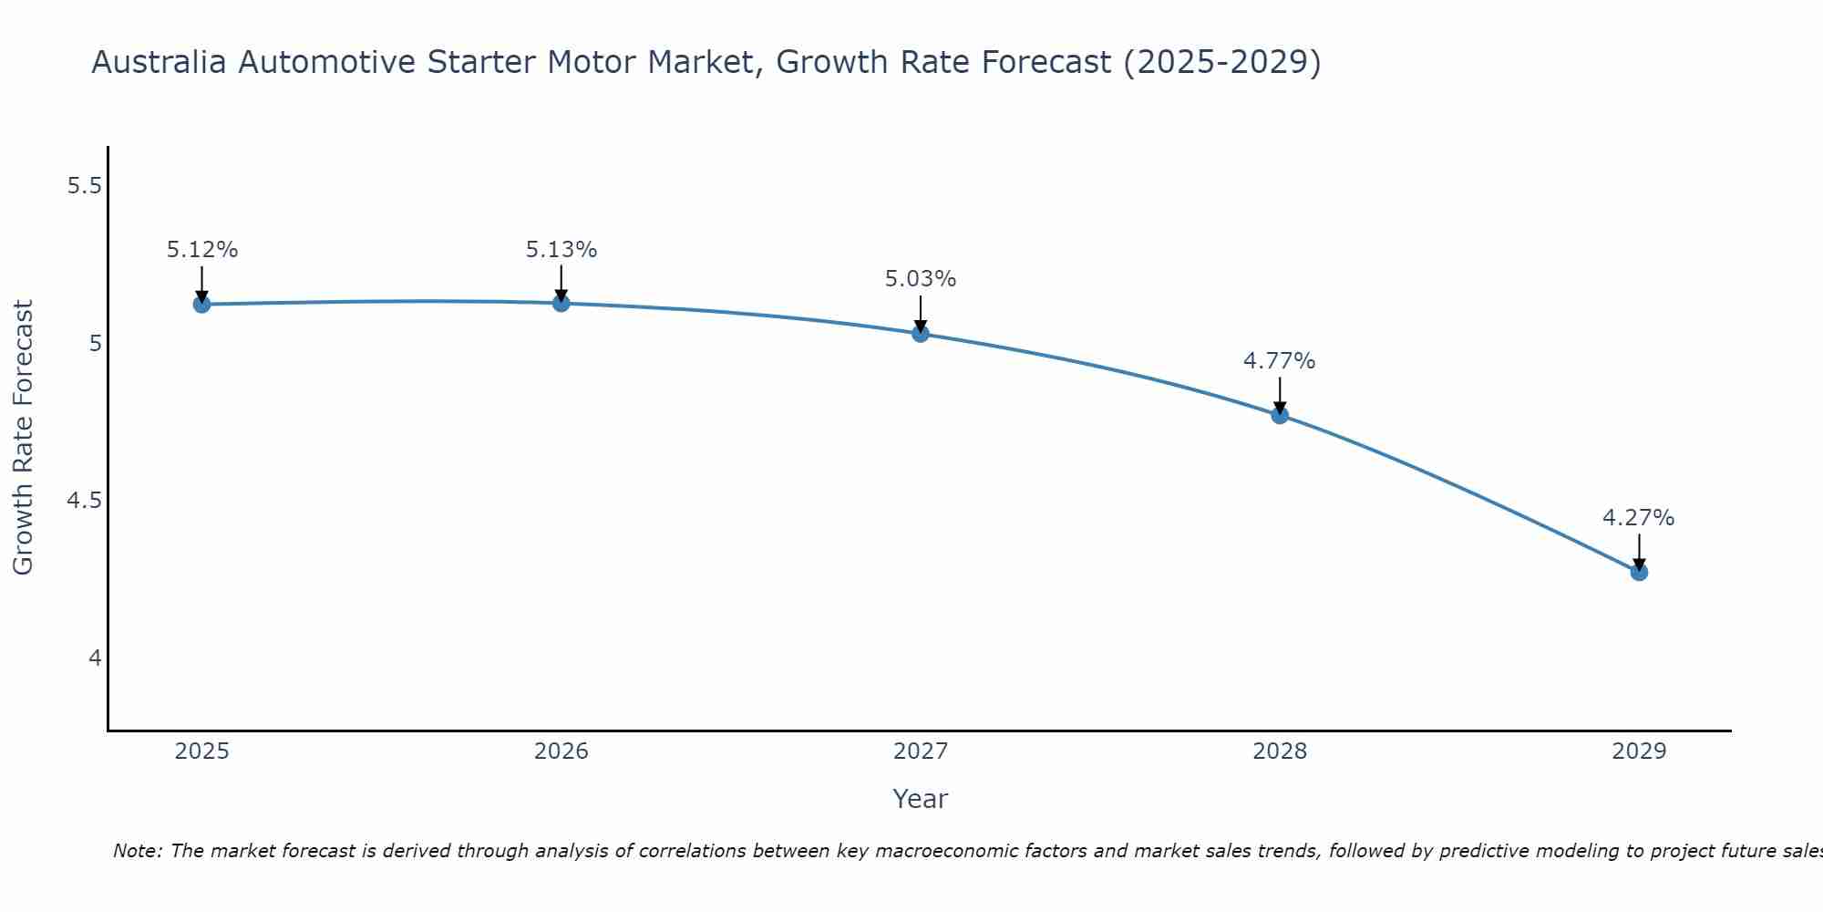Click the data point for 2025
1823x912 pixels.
click(201, 304)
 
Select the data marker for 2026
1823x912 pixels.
click(561, 302)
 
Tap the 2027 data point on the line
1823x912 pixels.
click(921, 334)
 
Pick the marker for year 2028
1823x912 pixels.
click(1280, 415)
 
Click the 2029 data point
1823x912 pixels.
click(1639, 572)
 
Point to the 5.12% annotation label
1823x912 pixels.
click(201, 250)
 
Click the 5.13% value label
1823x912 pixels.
click(561, 249)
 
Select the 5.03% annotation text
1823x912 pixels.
click(921, 279)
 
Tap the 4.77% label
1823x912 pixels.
click(1280, 361)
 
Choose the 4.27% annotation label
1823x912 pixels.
click(1639, 518)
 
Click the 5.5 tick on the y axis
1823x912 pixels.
click(84, 186)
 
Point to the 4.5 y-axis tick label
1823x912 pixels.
click(84, 501)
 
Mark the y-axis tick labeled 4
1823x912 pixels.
click(95, 658)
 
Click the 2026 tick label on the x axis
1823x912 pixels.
click(561, 751)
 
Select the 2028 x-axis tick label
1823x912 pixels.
click(1280, 751)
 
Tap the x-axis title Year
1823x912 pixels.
click(921, 799)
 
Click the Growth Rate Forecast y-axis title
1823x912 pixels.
click(24, 438)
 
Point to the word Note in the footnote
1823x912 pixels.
click(136, 851)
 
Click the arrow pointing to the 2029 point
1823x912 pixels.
click(1639, 553)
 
